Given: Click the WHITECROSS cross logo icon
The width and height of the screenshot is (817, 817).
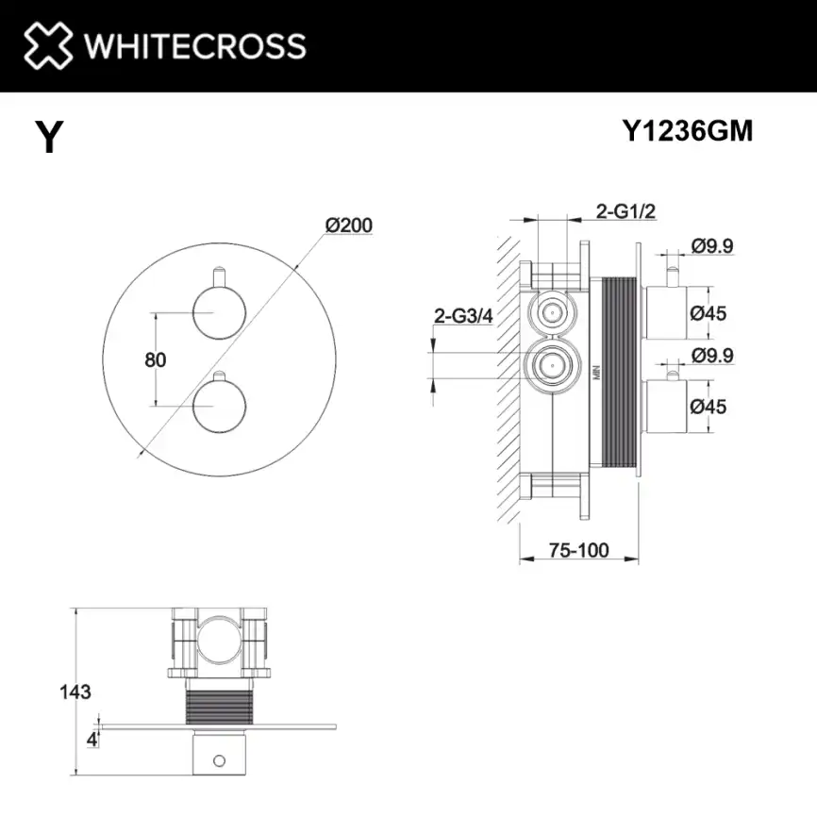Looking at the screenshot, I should tap(48, 45).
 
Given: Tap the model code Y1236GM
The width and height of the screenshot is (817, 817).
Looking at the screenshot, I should tap(688, 132).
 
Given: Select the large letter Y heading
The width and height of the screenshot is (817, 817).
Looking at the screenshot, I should tap(49, 138).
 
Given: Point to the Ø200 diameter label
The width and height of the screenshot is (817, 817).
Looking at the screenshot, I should tap(349, 225).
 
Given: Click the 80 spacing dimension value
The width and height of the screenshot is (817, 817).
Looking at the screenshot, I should tap(156, 359).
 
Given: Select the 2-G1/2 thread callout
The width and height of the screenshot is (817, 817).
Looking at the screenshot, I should tap(625, 211).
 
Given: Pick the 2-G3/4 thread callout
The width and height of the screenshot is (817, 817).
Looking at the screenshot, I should tap(463, 315).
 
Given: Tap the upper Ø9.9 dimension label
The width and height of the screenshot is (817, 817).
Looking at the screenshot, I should tap(712, 246).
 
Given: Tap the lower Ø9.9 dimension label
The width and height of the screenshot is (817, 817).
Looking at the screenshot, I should tap(712, 356).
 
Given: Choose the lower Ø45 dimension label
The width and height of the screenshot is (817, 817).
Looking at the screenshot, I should tap(709, 407).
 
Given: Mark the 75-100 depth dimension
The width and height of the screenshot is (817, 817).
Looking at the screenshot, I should tap(579, 550).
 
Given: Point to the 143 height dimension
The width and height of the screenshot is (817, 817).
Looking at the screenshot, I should tap(75, 692).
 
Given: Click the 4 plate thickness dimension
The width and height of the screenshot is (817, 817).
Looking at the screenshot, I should tap(92, 739).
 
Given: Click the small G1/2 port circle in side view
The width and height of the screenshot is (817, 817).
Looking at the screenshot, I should tap(549, 311).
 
